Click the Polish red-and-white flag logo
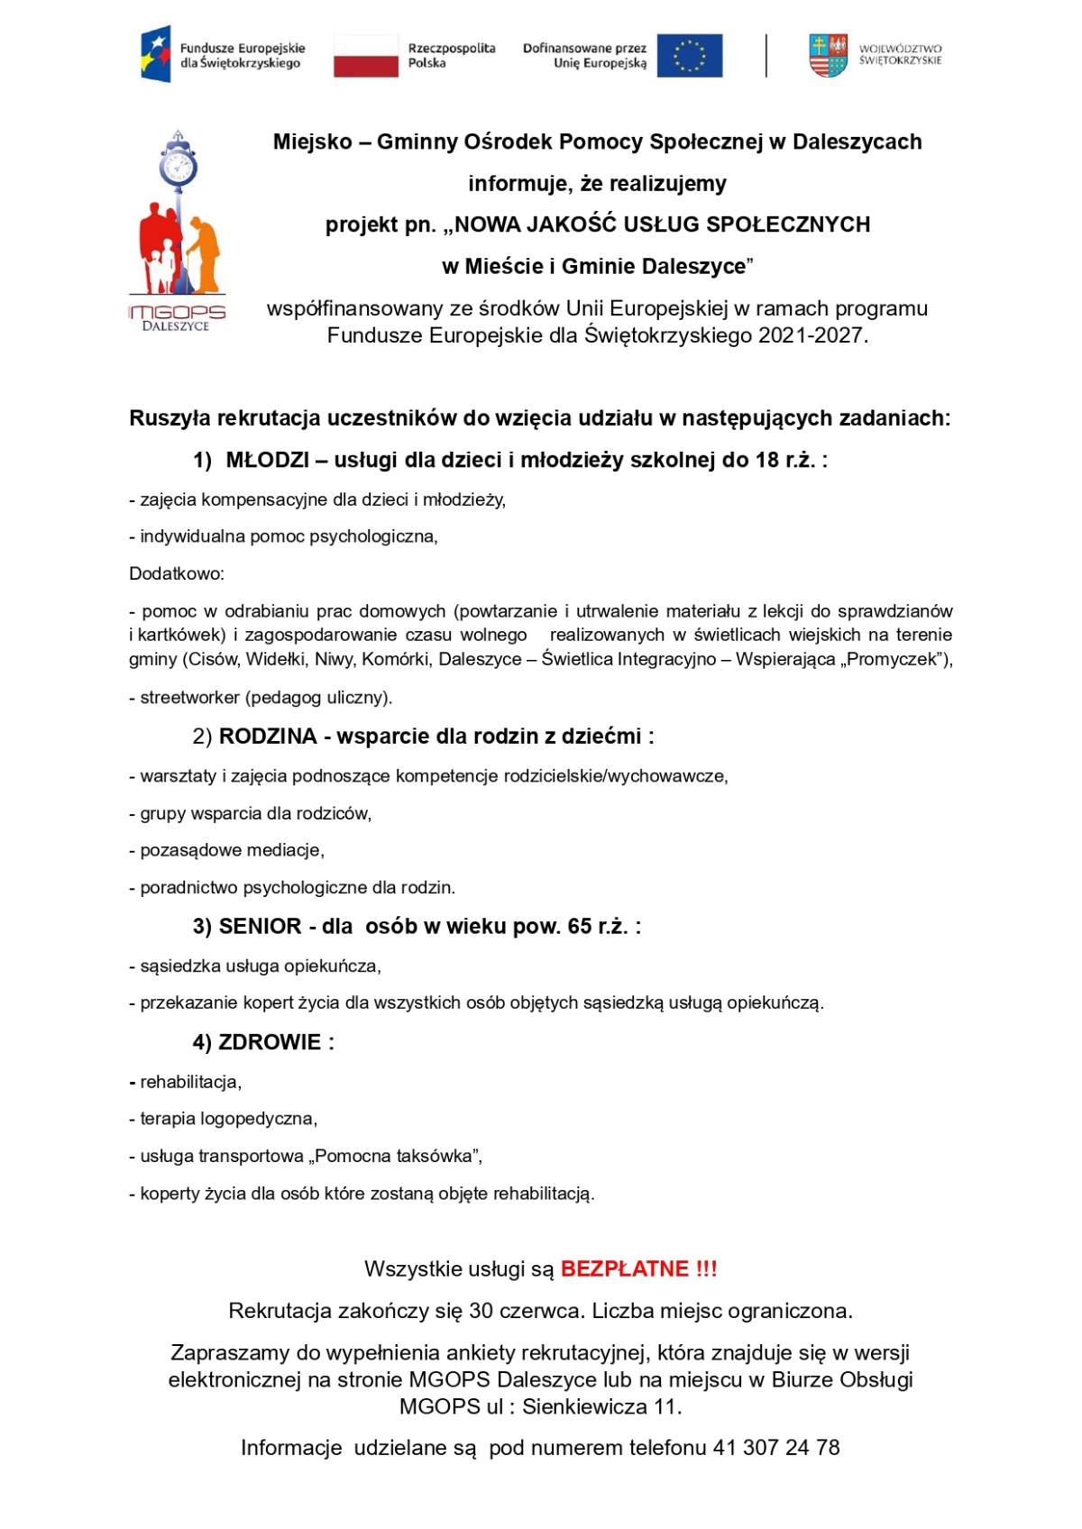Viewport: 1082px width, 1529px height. [365, 56]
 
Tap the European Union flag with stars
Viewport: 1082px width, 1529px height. [690, 56]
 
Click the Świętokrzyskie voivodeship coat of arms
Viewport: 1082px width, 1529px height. [828, 56]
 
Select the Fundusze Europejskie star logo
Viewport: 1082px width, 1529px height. [155, 54]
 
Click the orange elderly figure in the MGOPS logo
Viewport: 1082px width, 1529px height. [205, 252]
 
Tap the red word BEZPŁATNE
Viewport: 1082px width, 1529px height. [625, 1269]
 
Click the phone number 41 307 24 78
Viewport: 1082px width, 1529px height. [776, 1448]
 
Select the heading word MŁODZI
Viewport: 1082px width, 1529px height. [267, 460]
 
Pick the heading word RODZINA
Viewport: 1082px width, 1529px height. [268, 737]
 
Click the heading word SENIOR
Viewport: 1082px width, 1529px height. [260, 927]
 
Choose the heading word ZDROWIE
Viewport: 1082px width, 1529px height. [270, 1042]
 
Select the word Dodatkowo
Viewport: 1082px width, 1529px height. [177, 573]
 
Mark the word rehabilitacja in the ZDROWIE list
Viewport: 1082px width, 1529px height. [190, 1082]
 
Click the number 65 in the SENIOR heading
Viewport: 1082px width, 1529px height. [580, 927]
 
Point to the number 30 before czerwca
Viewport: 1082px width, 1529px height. [481, 1311]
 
